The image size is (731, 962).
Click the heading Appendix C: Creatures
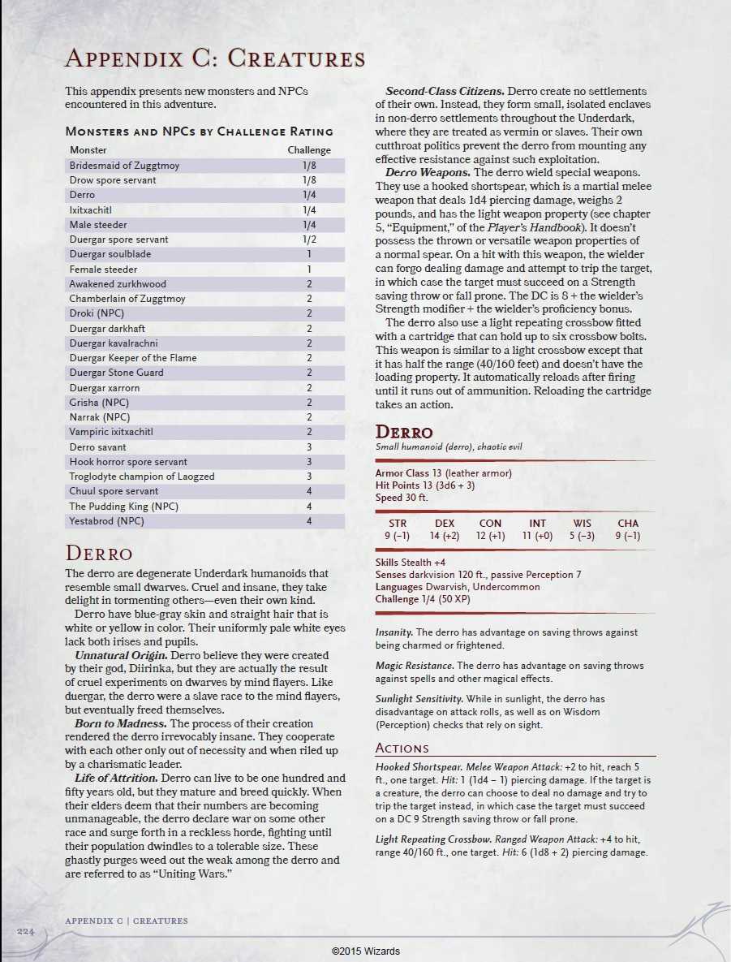pos(214,58)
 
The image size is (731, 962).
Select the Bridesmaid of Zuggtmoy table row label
pos(124,166)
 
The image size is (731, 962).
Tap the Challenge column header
pos(309,150)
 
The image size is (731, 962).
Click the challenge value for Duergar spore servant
pos(309,239)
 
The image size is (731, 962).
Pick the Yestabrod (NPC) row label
pos(106,521)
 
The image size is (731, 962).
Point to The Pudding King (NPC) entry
pos(123,507)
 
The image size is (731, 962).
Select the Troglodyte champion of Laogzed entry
pos(142,477)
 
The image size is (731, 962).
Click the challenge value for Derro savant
pos(309,447)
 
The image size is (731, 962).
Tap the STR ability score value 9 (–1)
pos(398,536)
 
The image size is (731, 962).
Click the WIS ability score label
pos(582,524)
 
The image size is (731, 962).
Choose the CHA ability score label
pos(628,524)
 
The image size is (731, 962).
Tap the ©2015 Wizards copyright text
pos(365,951)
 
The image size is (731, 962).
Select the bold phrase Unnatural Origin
pos(120,655)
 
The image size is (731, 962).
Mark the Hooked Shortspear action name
pos(412,767)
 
